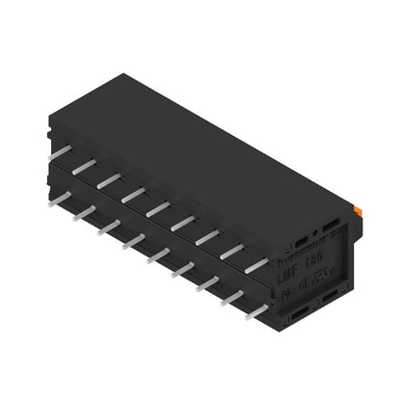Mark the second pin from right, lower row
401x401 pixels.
point(232,295)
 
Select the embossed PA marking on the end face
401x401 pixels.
point(290,289)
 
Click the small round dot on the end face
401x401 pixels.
point(313,236)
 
